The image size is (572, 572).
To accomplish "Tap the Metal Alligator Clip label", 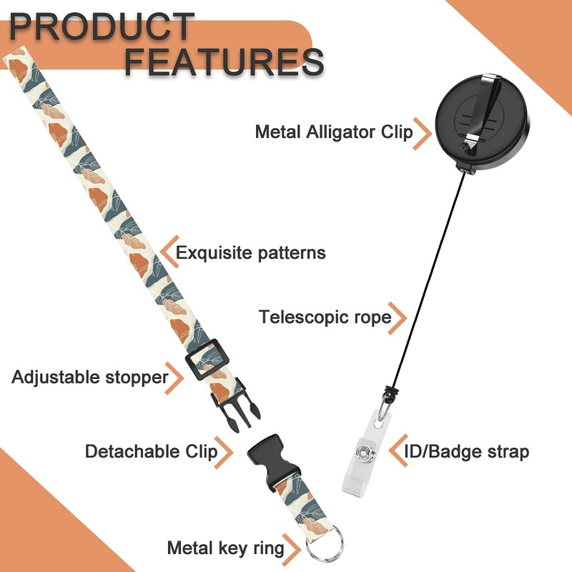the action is (334, 132).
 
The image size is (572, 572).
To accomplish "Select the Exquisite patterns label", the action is (250, 252).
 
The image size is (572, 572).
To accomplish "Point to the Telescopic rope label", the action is (325, 316).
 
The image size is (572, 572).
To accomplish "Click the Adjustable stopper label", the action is (89, 376).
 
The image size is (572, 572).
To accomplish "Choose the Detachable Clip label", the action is (151, 451).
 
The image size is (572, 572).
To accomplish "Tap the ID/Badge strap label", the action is (467, 451).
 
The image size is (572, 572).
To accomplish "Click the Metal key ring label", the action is (225, 548).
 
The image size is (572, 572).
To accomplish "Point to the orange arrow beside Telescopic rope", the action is (400, 316).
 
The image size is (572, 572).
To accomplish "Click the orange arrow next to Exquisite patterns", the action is (167, 252).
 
